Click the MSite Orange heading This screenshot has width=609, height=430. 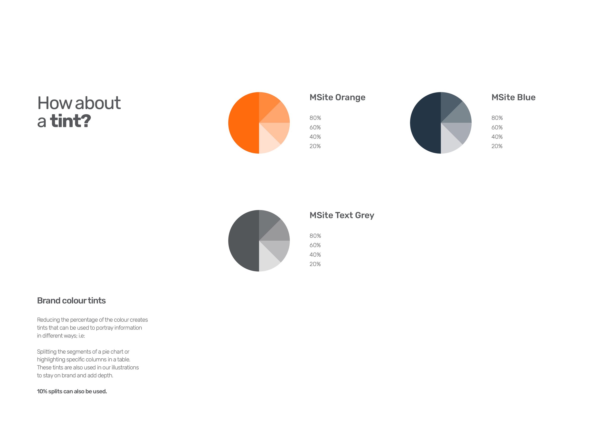tap(337, 98)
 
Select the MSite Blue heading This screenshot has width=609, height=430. tap(513, 98)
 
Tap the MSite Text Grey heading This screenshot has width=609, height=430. tap(342, 215)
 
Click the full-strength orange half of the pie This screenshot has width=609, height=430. tap(243, 123)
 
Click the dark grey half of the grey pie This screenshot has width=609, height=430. tap(243, 241)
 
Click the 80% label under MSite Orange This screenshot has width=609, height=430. tap(315, 118)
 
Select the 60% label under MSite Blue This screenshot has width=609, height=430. tap(497, 128)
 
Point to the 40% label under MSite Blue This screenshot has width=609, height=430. tap(497, 137)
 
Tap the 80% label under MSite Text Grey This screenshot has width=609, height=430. tap(315, 236)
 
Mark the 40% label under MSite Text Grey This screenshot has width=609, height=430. tap(315, 255)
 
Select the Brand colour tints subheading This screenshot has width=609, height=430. tap(71, 301)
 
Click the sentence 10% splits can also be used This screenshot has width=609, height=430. tap(72, 392)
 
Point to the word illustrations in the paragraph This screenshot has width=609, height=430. tap(125, 367)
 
